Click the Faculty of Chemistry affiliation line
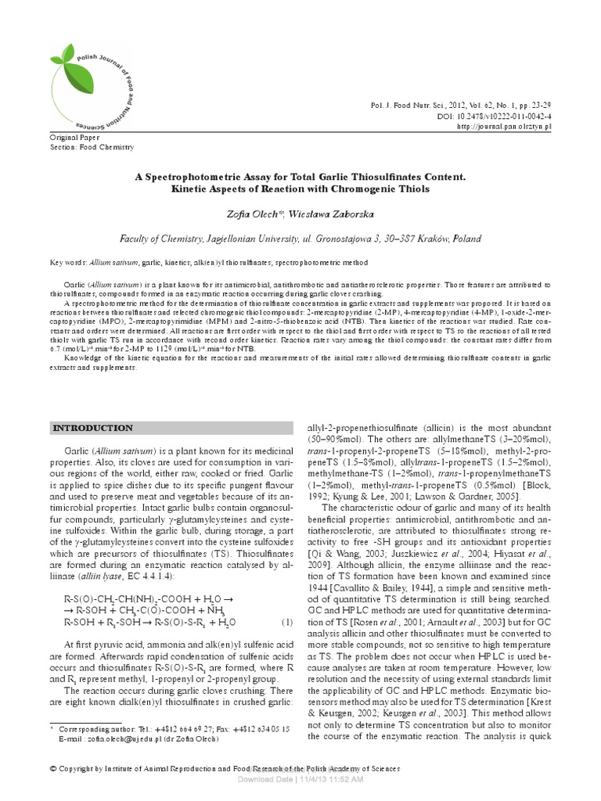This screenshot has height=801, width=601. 300,239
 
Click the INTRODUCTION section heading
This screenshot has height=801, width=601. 92,428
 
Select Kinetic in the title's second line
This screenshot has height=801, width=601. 185,190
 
